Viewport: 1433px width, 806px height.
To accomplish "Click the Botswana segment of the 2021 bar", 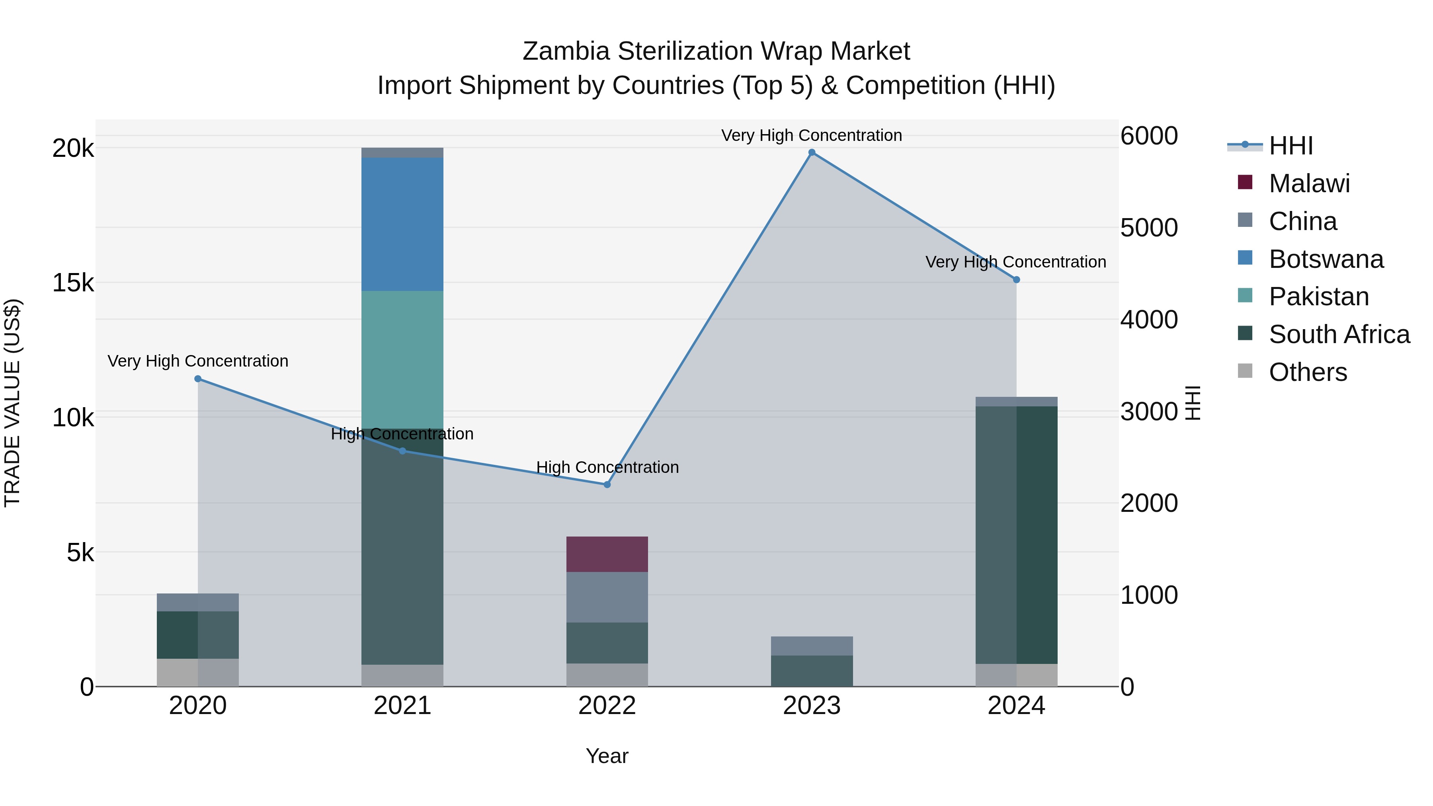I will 402,224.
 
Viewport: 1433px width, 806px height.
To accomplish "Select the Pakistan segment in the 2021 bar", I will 402,359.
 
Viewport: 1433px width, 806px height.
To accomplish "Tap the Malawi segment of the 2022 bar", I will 607,554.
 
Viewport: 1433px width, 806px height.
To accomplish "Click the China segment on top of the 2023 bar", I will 812,646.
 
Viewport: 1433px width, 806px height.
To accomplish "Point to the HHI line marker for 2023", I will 812,152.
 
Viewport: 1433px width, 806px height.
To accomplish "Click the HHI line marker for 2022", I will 607,484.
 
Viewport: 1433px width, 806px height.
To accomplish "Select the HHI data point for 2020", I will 198,379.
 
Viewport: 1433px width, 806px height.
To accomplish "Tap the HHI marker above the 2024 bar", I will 1016,280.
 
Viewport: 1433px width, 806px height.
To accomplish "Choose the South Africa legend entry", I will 1339,334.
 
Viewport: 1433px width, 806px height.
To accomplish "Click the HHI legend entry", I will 1290,146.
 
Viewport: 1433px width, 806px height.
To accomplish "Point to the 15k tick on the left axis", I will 73,283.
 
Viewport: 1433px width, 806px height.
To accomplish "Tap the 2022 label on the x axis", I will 607,706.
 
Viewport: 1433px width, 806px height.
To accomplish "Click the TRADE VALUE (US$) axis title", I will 12,403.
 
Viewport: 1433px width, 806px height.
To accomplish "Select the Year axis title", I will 607,756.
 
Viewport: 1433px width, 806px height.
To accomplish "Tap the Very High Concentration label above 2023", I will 812,135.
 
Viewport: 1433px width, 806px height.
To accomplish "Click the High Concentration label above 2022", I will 607,467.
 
